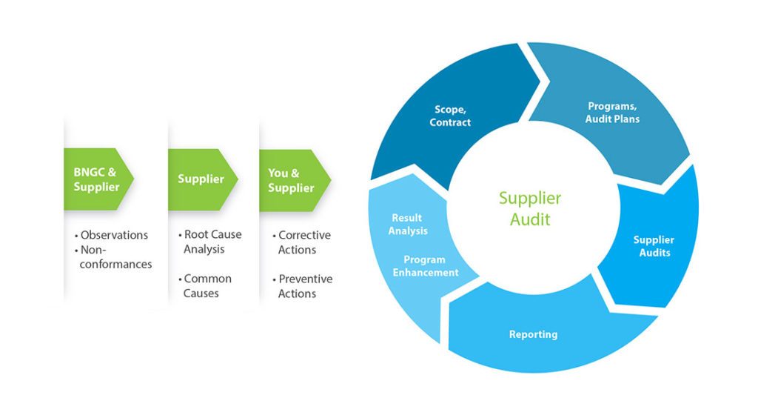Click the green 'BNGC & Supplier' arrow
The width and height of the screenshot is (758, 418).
(97, 179)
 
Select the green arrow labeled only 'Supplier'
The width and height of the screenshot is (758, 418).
(201, 179)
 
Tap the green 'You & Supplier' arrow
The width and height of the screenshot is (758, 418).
(292, 180)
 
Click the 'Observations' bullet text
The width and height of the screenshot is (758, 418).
(114, 235)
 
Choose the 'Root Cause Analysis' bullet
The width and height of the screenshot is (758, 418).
(212, 242)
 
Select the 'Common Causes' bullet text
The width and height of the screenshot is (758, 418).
(207, 286)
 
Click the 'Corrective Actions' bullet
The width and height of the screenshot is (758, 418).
(303, 242)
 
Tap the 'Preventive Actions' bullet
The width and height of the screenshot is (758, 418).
(305, 286)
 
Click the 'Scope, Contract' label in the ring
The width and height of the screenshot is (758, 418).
(450, 116)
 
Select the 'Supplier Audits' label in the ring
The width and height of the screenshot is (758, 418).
(654, 246)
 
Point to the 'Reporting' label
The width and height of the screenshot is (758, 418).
(533, 334)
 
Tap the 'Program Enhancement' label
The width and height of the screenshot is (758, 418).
(426, 266)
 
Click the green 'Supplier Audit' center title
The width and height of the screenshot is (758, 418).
(530, 208)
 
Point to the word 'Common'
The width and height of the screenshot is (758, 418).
(207, 279)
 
